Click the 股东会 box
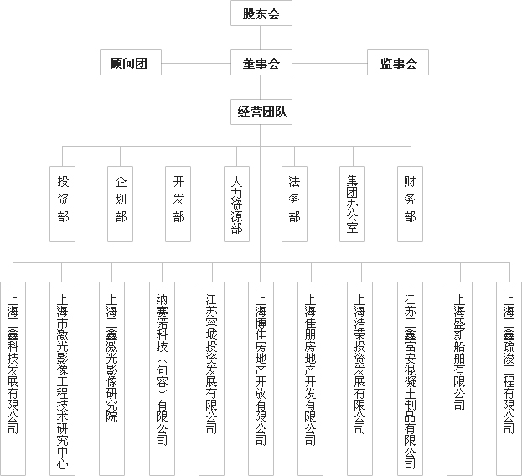tap(261, 13)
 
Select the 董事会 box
tap(261, 63)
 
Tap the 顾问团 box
tap(131, 63)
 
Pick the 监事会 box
tap(398, 63)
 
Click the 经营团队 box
tap(261, 111)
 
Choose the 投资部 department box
tap(62, 204)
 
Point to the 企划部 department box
tap(120, 204)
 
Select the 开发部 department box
tap(178, 204)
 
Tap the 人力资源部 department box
tap(236, 204)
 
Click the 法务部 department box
tap(295, 204)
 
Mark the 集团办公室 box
tap(352, 204)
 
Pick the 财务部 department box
tap(411, 204)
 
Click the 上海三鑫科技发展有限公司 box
tap(13, 379)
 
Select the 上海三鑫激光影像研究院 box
tap(112, 379)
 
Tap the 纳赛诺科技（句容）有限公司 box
tap(162, 379)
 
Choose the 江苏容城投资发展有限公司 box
tap(211, 379)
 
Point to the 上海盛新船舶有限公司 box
tap(459, 379)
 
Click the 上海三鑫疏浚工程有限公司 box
tap(509, 379)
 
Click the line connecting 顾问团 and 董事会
tap(196, 63)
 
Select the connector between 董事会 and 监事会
tap(329, 63)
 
